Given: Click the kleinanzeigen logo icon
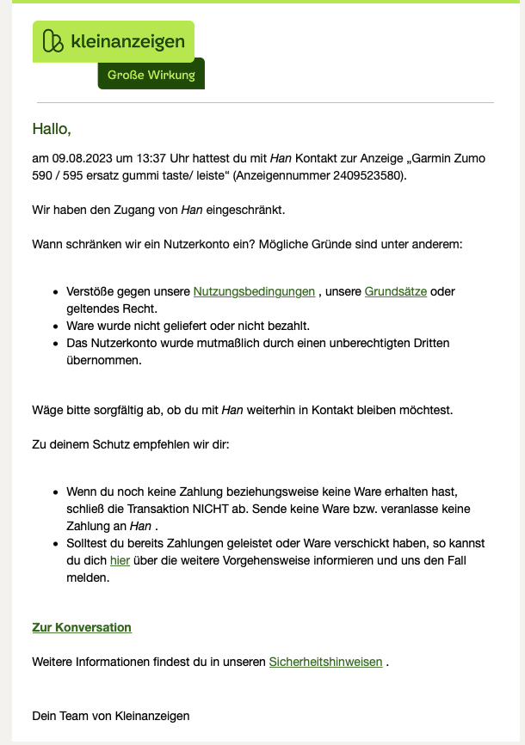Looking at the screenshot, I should [x=53, y=41].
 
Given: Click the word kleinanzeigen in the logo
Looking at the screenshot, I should [x=128, y=41].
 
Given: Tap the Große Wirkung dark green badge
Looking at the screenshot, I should [x=151, y=75].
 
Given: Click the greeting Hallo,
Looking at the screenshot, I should [x=51, y=129].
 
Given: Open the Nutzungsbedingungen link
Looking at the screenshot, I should [x=254, y=291].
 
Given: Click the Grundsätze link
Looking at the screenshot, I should [x=396, y=291].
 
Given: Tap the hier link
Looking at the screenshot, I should [x=120, y=560].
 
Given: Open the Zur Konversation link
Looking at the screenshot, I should [x=82, y=627].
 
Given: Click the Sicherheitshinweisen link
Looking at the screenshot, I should [x=325, y=662].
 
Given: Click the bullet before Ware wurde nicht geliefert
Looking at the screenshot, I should [x=55, y=326].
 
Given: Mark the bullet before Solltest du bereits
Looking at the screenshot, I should [x=55, y=544].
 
